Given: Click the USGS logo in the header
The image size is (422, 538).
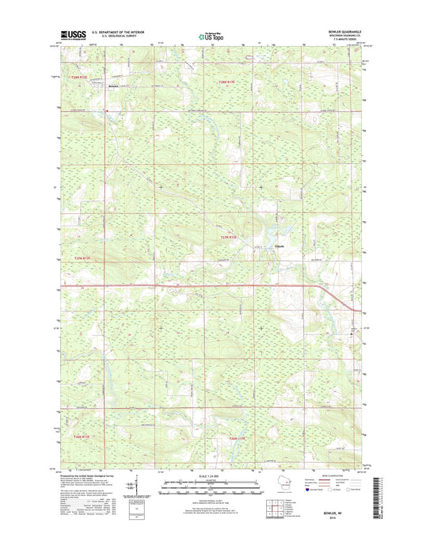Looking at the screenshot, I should point(73,34).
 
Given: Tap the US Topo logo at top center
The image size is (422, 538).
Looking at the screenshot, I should point(211,35).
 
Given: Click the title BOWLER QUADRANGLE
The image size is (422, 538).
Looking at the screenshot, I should point(341,31).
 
